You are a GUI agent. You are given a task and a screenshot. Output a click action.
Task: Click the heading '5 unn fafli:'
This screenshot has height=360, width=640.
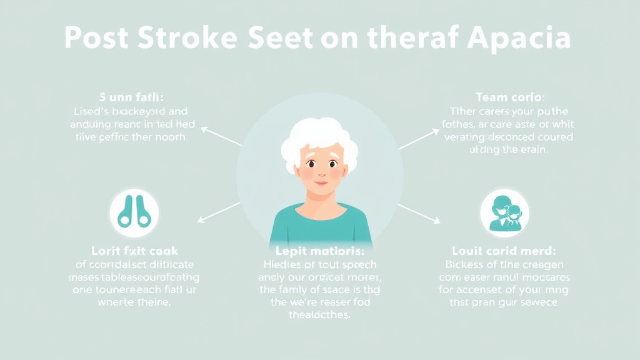point(131,97)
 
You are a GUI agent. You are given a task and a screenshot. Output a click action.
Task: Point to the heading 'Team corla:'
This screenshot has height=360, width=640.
point(509,97)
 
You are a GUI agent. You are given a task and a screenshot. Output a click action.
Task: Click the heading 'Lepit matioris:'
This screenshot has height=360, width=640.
point(319,251)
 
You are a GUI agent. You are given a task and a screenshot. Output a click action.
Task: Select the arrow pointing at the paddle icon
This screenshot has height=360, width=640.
point(219,212)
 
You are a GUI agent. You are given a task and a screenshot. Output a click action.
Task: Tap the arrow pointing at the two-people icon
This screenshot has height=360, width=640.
point(419,213)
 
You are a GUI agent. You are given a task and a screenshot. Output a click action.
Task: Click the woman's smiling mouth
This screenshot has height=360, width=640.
point(319,182)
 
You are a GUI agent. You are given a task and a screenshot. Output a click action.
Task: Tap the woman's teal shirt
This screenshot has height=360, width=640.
point(320,225)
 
